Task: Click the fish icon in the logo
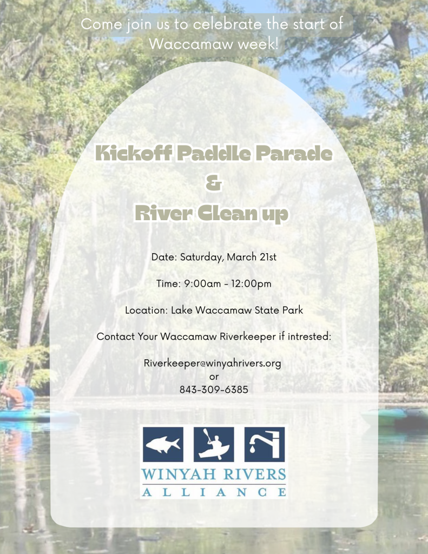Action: (163, 444)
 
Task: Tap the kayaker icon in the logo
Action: (214, 444)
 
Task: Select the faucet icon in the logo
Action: (265, 444)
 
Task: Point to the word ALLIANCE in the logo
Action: (214, 492)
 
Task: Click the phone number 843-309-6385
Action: (214, 390)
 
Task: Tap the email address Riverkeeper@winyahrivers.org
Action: (213, 363)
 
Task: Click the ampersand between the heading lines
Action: (214, 183)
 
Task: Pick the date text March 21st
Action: (252, 257)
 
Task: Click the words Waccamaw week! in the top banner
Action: (214, 44)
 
